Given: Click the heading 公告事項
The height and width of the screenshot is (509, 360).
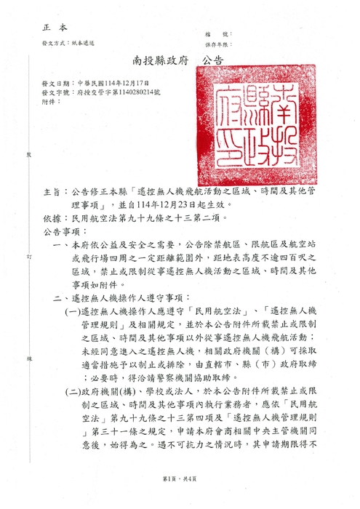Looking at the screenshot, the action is pyautogui.click(x=59, y=232).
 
